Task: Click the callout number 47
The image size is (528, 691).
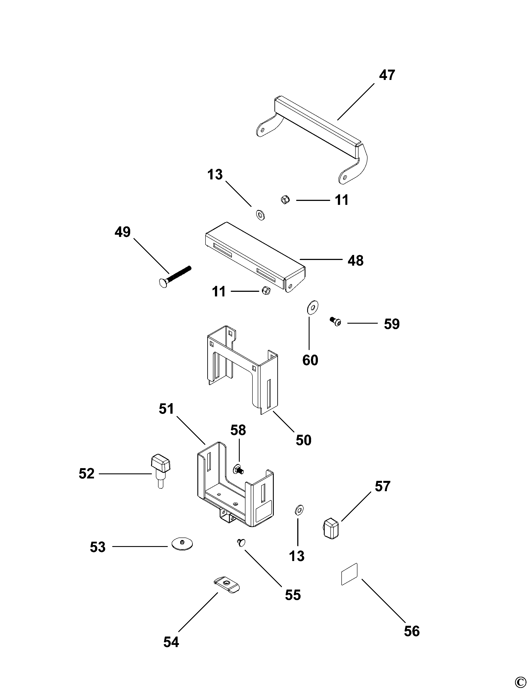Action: pyautogui.click(x=387, y=76)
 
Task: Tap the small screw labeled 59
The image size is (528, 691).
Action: pyautogui.click(x=335, y=321)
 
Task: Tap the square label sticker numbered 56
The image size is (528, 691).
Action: pyautogui.click(x=350, y=574)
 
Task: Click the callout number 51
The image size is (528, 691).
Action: pyautogui.click(x=166, y=409)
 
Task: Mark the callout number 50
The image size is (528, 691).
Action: pyautogui.click(x=303, y=440)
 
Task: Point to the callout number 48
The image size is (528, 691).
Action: pyautogui.click(x=355, y=261)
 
